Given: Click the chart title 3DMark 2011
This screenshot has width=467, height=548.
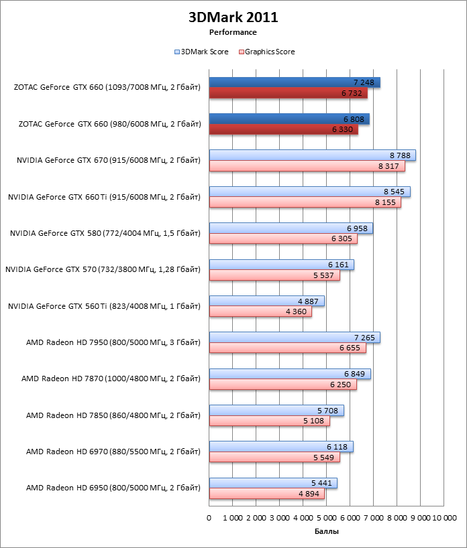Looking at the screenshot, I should click(233, 17).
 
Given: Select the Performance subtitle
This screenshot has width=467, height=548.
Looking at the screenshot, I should click(233, 31).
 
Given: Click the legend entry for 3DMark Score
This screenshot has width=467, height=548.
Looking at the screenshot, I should click(201, 52).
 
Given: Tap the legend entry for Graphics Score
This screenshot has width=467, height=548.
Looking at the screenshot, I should click(266, 52).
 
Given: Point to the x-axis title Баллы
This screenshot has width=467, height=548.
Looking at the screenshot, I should click(327, 531).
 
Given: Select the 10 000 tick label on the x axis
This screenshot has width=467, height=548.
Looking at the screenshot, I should click(444, 518).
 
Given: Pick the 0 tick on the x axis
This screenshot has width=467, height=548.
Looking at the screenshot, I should click(209, 518).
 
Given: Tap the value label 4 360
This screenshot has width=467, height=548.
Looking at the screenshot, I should click(297, 312).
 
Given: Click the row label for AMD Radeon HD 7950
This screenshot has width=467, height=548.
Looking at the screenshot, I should click(113, 343).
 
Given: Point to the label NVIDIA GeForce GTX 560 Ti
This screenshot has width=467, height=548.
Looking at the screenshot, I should click(104, 306).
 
